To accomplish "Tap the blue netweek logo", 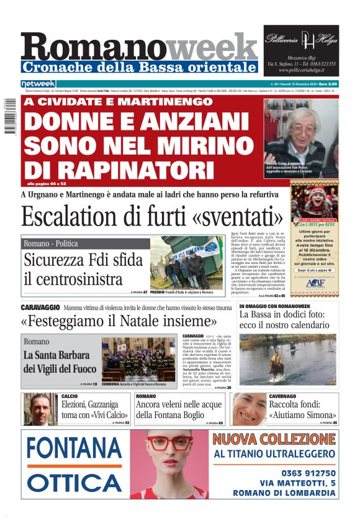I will (x=38, y=83).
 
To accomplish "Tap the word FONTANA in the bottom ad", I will (x=74, y=449).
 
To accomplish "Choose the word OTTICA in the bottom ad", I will (x=74, y=483).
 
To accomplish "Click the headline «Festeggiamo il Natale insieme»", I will (x=118, y=322).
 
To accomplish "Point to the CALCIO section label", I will (x=70, y=396).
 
